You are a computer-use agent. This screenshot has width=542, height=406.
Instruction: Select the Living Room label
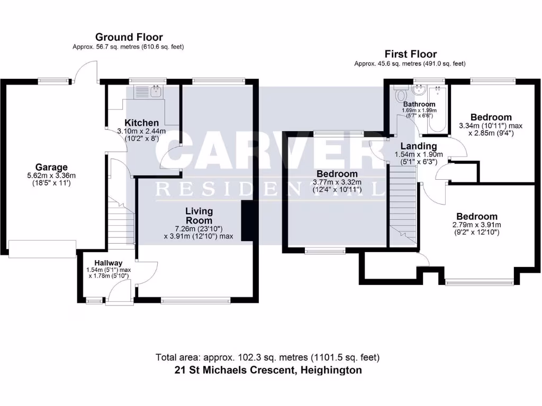[198, 216]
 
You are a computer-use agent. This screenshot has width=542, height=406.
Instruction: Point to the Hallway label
[109, 263]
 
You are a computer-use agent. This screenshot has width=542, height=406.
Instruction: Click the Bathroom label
[419, 104]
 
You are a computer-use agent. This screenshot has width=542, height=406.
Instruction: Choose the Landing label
[418, 146]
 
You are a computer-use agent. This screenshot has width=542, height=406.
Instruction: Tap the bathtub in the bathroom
[438, 108]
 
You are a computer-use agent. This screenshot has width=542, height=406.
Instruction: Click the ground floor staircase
[121, 222]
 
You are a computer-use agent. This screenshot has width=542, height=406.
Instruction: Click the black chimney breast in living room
[247, 221]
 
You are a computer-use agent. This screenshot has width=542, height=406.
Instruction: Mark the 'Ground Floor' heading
[129, 37]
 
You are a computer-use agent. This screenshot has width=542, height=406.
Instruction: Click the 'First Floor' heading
[410, 54]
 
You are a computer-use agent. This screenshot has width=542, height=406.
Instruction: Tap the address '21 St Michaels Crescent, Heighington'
[268, 370]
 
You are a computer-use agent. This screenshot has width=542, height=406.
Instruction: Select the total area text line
[268, 357]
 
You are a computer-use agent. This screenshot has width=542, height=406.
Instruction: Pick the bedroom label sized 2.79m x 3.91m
[477, 216]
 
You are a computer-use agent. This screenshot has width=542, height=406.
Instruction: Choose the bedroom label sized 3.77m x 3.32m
[337, 174]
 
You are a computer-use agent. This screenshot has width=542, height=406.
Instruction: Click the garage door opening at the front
[42, 248]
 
